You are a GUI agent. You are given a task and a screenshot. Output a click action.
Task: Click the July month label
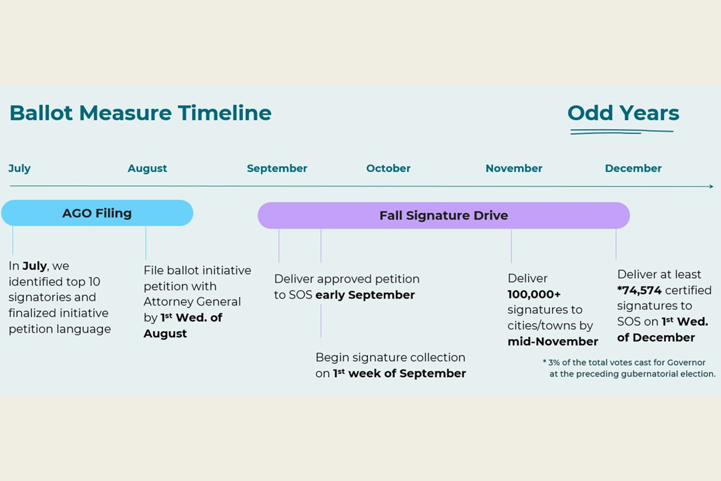pyautogui.click(x=20, y=168)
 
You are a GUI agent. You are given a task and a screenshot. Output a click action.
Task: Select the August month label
pyautogui.click(x=147, y=168)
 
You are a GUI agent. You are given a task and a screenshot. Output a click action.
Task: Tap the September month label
pyautogui.click(x=277, y=168)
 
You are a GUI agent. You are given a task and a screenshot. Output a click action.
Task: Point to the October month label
pyautogui.click(x=388, y=168)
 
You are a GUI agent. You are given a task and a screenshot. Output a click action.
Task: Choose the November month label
pyautogui.click(x=514, y=168)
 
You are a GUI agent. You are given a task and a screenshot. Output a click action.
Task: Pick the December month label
pyautogui.click(x=633, y=168)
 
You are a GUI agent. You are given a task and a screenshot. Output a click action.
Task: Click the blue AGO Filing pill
pyautogui.click(x=97, y=213)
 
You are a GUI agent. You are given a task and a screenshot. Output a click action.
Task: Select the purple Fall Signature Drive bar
pyautogui.click(x=443, y=215)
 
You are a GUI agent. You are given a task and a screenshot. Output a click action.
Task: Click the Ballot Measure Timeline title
pyautogui.click(x=140, y=113)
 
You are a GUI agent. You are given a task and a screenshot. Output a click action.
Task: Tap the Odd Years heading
pyautogui.click(x=623, y=113)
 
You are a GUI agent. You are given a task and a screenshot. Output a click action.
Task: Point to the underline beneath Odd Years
pyautogui.click(x=621, y=132)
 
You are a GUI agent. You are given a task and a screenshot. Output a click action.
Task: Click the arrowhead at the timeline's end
pyautogui.click(x=711, y=186)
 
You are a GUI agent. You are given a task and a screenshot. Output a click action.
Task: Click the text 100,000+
pyautogui.click(x=534, y=294)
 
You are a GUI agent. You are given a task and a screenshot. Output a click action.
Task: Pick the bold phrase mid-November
pyautogui.click(x=553, y=341)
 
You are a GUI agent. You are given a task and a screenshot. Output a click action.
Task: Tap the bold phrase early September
pyautogui.click(x=365, y=295)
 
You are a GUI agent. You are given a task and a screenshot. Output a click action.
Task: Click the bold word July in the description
pyautogui.click(x=35, y=266)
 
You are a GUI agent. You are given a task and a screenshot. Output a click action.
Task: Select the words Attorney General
pyautogui.click(x=192, y=302)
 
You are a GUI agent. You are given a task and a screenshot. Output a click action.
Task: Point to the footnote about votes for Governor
pyautogui.click(x=629, y=368)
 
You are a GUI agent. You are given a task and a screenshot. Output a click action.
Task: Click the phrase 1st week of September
pyautogui.click(x=400, y=373)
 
